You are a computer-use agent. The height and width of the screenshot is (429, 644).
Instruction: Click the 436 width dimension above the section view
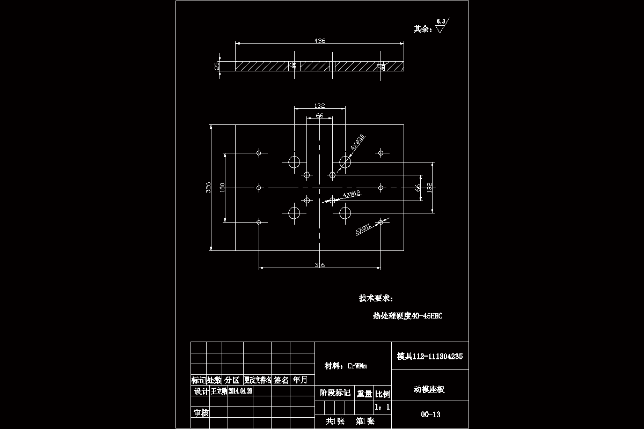coord(320,41)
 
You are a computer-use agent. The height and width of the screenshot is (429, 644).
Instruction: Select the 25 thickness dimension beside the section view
coord(217,65)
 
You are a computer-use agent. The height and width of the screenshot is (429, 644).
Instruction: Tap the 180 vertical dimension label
coord(222,187)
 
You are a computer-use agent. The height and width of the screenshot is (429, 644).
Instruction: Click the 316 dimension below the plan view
coord(319,265)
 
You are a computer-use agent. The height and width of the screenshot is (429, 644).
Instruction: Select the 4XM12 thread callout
coord(352,194)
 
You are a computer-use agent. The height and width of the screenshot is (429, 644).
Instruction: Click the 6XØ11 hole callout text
coord(363,229)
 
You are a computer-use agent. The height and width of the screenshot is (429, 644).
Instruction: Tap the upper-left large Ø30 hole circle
coord(294,162)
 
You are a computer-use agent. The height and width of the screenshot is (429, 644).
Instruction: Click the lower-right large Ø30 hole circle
coord(345,213)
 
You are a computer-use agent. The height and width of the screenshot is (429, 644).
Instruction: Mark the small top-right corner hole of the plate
coord(380,153)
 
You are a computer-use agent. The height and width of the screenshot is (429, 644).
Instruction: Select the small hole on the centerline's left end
coord(259,188)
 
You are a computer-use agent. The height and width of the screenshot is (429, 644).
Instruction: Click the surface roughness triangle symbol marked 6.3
coord(441,28)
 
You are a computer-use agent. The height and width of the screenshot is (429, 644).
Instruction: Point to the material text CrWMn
coord(357,366)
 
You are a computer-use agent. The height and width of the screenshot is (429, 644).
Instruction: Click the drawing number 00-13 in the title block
coord(430,415)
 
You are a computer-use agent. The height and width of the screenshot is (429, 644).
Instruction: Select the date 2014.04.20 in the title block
coord(240,391)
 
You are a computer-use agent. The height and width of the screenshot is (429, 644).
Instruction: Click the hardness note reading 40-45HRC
coord(427,316)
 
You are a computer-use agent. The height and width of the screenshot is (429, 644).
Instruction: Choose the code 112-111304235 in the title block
coord(437,356)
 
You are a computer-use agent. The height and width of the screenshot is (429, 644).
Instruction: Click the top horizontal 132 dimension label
coord(319,106)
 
